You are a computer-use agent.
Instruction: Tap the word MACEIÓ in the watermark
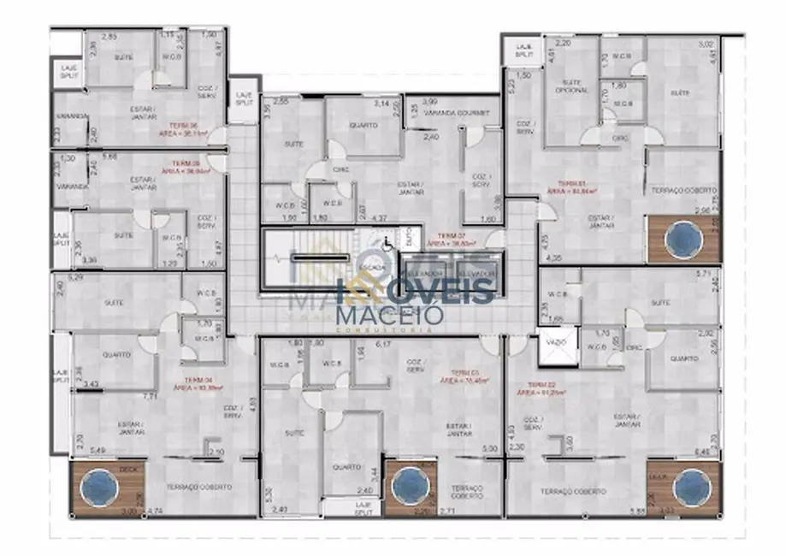click(390, 315)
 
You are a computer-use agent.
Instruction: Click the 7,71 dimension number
click(150, 397)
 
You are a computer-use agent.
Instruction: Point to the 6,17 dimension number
click(383, 344)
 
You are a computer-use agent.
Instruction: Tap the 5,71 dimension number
click(703, 275)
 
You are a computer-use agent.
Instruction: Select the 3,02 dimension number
click(706, 44)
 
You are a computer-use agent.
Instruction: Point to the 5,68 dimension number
click(110, 157)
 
